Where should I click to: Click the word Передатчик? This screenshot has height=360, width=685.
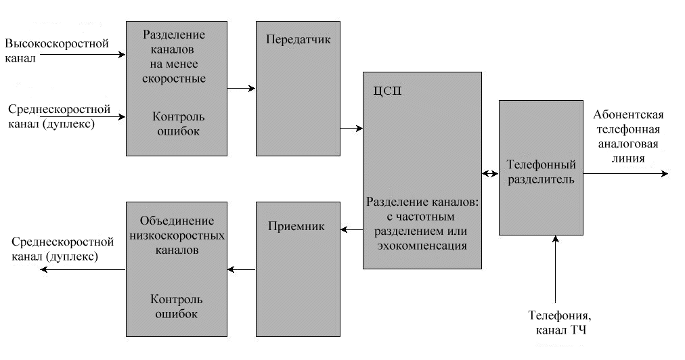click(299, 39)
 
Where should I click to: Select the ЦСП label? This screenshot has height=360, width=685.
click(387, 92)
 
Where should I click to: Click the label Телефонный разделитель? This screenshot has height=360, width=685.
click(541, 172)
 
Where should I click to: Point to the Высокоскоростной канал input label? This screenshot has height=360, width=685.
click(56, 51)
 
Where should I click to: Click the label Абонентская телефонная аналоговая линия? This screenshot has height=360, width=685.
click(627, 136)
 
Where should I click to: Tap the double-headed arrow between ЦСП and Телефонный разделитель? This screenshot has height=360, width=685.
click(491, 174)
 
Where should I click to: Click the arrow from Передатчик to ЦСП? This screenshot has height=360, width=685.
click(351, 128)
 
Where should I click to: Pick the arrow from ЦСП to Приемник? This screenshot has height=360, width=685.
click(351, 231)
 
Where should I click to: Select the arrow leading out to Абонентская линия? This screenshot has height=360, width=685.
click(626, 174)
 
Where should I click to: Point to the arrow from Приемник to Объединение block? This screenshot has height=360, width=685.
click(242, 270)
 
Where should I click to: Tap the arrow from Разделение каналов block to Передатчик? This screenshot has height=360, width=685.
click(242, 87)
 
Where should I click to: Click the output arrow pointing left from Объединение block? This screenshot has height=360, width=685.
click(81, 270)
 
